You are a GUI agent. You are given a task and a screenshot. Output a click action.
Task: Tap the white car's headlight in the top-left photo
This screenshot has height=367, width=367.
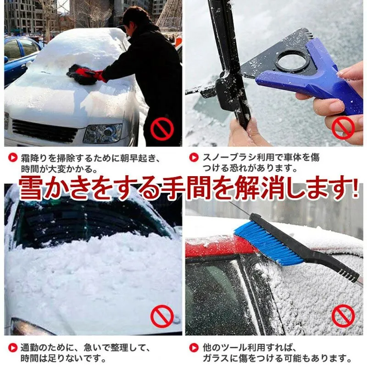103,133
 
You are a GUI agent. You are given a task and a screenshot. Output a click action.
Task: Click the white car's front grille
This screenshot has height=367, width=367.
44,131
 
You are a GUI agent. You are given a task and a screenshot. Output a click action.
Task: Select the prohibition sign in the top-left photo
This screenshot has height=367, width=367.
162,129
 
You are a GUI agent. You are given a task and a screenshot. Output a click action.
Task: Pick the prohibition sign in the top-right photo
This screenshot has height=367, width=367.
343,128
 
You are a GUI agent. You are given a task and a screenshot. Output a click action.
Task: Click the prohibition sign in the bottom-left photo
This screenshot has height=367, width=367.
162,316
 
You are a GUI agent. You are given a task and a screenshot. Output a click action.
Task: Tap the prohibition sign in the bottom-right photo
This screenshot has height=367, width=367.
343,316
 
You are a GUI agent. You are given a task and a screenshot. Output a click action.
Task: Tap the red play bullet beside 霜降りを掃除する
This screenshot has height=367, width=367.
13,157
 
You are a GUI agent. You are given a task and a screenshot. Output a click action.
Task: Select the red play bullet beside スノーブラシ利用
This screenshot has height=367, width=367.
194,157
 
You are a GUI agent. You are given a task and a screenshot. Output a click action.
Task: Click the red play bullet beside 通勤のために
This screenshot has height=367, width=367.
13,348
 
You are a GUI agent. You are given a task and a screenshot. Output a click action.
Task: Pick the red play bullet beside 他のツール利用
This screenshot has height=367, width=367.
194,348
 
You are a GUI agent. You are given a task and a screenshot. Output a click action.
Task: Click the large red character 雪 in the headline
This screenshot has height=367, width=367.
30,189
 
